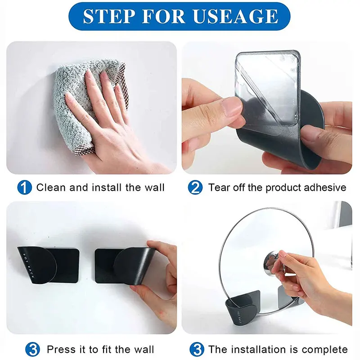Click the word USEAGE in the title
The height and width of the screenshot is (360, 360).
tap(235, 16)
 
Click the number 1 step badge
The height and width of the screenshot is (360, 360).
tap(25, 188)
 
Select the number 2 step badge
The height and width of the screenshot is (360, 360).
tap(195, 188)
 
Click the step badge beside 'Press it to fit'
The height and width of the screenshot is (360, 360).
tap(32, 350)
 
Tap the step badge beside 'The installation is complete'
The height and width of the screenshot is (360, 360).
tap(197, 350)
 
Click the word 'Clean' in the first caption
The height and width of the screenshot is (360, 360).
tap(51, 187)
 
